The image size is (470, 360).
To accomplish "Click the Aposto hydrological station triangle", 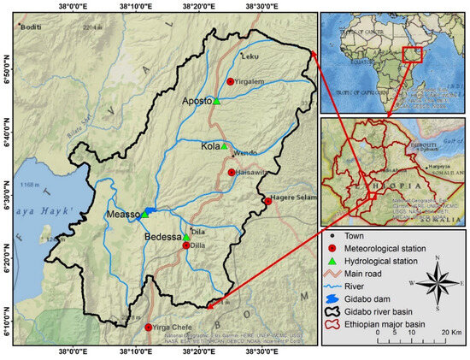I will pos(216,101).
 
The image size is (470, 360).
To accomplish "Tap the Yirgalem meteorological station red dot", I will pos(230,81).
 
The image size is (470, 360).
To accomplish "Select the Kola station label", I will pos(208,146).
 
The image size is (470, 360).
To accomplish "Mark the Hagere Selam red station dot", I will pos(267,201).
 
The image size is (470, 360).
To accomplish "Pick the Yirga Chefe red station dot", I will pos(149,328).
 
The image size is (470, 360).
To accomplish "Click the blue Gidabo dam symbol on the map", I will pos(149,210).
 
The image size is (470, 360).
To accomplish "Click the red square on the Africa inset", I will pos(413,53).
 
